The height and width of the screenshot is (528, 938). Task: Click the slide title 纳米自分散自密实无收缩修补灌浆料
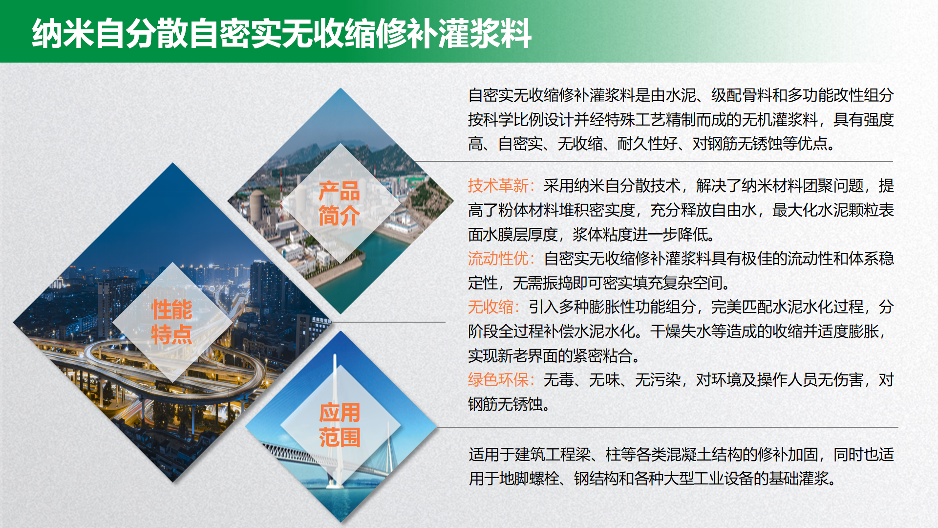(281, 33)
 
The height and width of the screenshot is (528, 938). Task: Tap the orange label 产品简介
(339, 203)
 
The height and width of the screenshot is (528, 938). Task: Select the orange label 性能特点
(171, 322)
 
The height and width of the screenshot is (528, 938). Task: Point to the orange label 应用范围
(340, 425)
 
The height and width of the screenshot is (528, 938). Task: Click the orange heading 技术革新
(498, 186)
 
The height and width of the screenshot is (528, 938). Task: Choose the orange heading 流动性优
(498, 258)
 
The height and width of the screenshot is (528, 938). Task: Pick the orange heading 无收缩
(490, 307)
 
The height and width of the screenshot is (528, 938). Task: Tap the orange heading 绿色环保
(498, 379)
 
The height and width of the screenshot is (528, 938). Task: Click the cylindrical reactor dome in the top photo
(257, 205)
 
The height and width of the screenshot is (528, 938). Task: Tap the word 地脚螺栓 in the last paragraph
(529, 478)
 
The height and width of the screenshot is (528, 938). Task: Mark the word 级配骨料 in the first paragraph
(741, 95)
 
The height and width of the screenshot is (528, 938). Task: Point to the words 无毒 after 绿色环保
(558, 379)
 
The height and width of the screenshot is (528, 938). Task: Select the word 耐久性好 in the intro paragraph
(647, 144)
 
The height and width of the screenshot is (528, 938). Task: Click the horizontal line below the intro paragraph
(654, 161)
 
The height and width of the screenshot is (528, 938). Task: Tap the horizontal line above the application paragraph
(667, 427)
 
